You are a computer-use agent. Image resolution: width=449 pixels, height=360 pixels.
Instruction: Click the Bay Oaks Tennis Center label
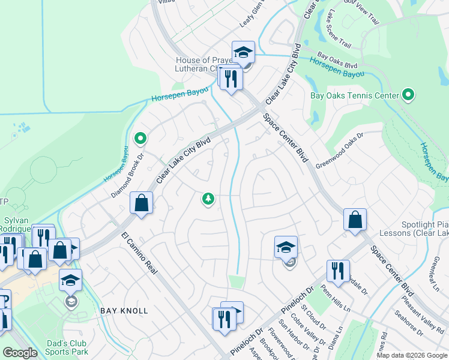(354, 95)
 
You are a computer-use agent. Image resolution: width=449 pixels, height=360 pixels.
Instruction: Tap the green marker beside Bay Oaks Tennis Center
(409, 95)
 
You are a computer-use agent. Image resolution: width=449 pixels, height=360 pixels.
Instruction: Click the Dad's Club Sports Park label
(68, 347)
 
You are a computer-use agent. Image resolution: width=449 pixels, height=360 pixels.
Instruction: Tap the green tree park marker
(208, 199)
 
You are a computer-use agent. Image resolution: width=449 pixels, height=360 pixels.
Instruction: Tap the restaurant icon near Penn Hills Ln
(338, 271)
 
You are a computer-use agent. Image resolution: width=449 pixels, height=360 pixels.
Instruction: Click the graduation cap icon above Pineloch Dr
(286, 247)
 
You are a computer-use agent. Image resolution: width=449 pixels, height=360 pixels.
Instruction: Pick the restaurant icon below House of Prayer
(231, 79)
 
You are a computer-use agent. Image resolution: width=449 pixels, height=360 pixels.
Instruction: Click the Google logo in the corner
(20, 353)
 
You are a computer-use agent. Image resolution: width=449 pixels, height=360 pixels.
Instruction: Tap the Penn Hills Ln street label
(336, 299)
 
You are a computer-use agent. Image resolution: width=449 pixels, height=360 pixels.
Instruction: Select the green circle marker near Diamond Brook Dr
(140, 139)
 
